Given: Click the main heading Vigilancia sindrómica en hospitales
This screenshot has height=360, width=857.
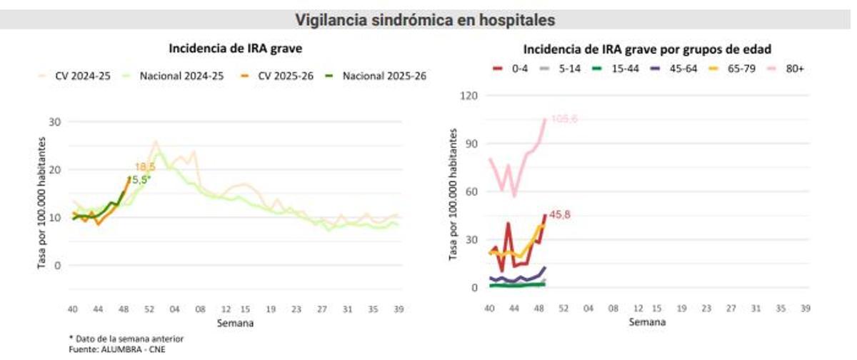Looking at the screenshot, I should tap(426, 20).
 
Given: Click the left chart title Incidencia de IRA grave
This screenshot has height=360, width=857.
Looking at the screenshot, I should tap(235, 49).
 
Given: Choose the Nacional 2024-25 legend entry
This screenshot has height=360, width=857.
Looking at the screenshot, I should tap(174, 76).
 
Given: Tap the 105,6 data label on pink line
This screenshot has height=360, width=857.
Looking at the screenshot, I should tap(563, 119).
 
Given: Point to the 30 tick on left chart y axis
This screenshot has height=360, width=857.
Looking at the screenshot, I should tap(54, 121).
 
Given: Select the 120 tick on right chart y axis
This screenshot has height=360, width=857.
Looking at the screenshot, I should tap(470, 95).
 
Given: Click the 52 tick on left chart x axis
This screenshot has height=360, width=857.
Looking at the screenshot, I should tap(149, 310).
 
